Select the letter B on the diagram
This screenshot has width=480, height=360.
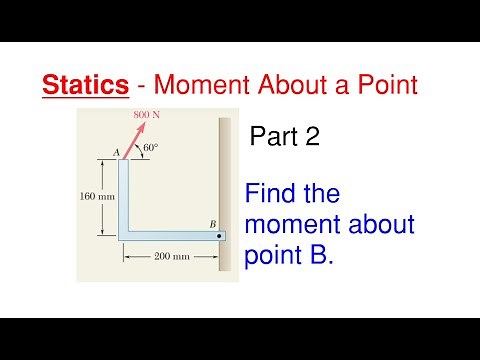click(213, 226)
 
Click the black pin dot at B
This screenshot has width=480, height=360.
click(220, 237)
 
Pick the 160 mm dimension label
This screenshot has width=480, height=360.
click(97, 196)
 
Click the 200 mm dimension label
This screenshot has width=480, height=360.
click(172, 257)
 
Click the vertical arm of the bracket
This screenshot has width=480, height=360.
click(125, 195)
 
